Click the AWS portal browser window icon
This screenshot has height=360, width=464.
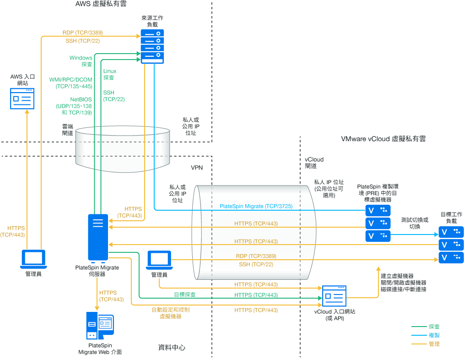coord(22,98)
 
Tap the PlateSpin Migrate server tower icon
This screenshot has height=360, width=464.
coord(98,236)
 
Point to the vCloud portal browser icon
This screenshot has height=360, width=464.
coord(334,296)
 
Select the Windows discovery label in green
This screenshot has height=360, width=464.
coord(81,61)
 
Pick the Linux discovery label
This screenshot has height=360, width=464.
coord(109,74)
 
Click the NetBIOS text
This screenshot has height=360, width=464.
coord(81,99)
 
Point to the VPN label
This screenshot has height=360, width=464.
coord(196,168)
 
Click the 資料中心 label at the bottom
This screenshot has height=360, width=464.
coord(172,348)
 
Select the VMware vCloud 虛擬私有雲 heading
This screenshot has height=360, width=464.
coord(383,139)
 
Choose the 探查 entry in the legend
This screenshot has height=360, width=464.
coord(434,327)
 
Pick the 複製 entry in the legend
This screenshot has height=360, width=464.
coord(434,335)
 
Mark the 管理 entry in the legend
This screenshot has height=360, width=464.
coord(434,344)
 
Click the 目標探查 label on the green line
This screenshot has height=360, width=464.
coord(184,295)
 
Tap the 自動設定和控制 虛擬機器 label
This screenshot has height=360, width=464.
coord(170,313)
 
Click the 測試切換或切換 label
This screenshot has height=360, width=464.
coord(415,223)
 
